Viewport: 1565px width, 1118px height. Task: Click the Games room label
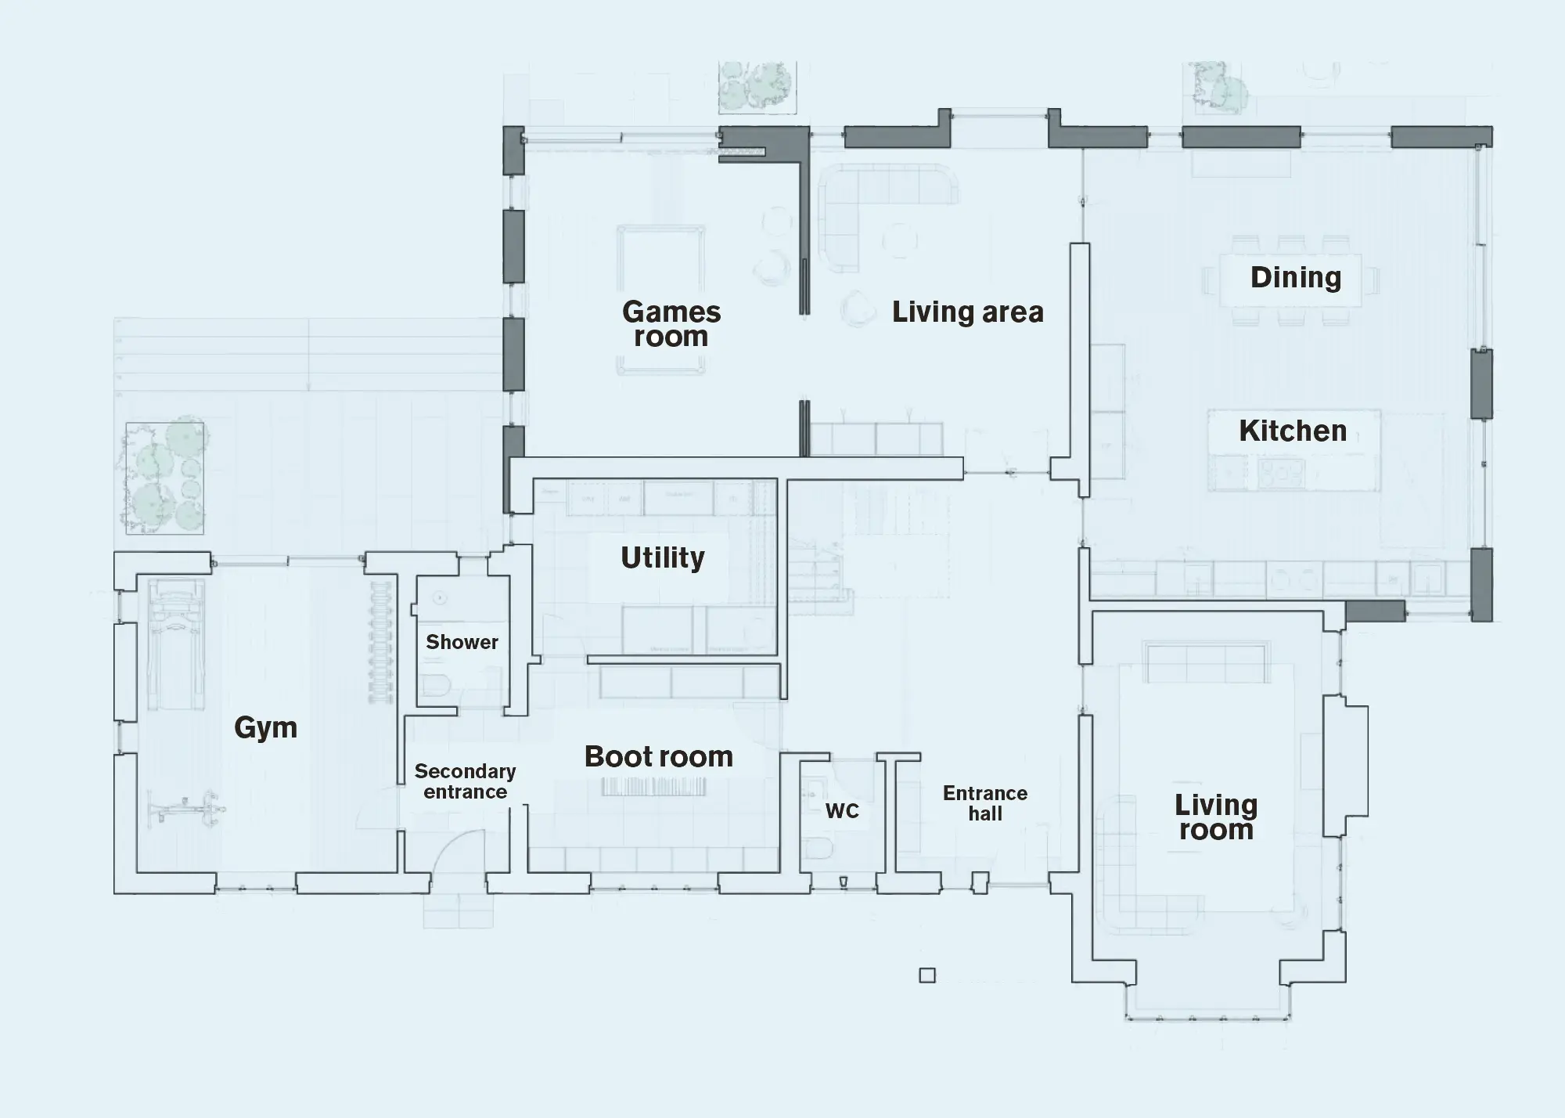click(671, 324)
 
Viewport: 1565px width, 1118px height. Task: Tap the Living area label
click(967, 312)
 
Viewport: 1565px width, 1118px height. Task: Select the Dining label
click(1295, 277)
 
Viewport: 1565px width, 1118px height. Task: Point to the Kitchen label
click(1293, 431)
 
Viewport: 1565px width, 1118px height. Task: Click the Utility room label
click(662, 557)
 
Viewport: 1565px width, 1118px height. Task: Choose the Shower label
click(462, 642)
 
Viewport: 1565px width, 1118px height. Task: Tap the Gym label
click(266, 727)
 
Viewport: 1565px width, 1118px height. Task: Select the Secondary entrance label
click(465, 781)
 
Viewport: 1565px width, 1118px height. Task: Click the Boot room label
click(658, 756)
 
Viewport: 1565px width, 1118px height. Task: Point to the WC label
click(842, 811)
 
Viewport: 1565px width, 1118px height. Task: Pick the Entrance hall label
click(984, 803)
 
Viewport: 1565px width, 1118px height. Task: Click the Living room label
click(1215, 817)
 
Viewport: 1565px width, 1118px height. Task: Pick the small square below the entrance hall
click(927, 976)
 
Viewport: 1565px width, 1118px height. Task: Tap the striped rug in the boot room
click(654, 787)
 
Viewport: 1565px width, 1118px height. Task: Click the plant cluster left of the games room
click(165, 478)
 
